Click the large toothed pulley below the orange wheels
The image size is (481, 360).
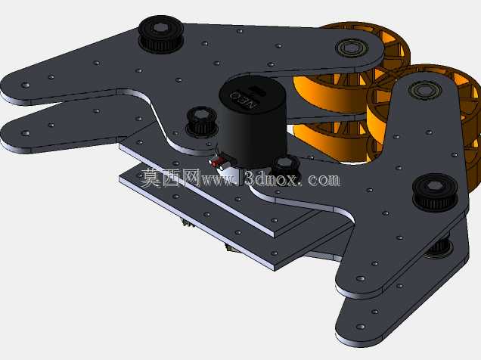pyautogui.click(x=435, y=192)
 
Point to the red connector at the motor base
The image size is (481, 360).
pyautogui.click(x=218, y=161)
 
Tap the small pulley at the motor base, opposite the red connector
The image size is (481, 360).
pyautogui.click(x=285, y=167)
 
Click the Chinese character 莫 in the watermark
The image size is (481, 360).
pyautogui.click(x=151, y=178)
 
